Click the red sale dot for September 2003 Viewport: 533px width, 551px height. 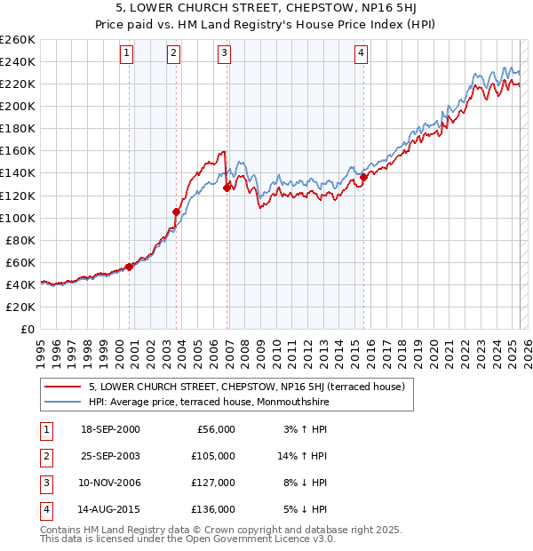177,212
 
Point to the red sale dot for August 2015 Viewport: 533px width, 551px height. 363,177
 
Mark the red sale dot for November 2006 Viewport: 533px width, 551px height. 227,188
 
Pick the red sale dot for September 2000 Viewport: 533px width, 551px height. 129,266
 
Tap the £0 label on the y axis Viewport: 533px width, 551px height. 27,329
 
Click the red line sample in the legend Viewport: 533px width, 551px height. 63,387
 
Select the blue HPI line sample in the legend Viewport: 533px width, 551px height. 63,401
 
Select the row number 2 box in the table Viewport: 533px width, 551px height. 45,456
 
